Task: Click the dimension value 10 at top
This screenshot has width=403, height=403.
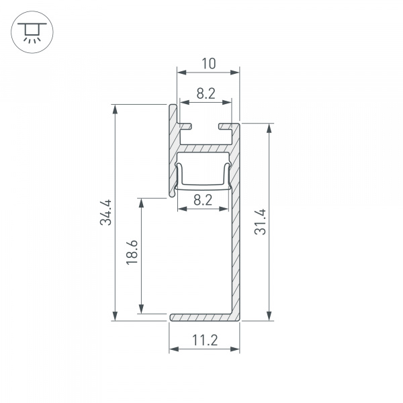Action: coord(209,64)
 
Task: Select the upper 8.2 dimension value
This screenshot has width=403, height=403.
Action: coord(206,93)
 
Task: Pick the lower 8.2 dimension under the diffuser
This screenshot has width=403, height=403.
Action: coord(203,200)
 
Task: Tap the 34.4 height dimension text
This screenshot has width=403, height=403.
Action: coord(105,212)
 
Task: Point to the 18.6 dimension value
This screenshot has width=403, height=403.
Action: coord(132,252)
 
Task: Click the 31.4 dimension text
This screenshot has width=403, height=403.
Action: coord(260,222)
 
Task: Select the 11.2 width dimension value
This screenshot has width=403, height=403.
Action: coord(205,341)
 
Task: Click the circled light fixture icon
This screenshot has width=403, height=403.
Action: coord(32,32)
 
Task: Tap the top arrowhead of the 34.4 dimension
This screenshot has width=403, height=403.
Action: coord(115,109)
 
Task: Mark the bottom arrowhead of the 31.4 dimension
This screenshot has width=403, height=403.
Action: coord(269,316)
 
